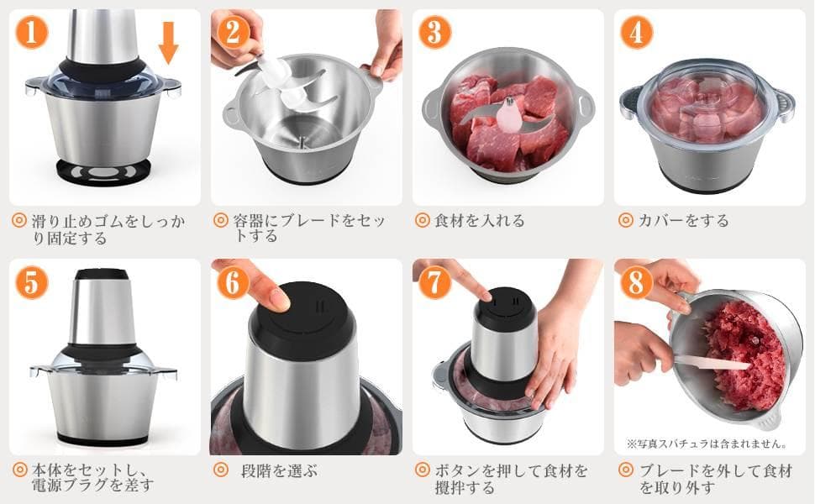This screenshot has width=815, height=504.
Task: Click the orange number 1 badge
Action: point(32,32)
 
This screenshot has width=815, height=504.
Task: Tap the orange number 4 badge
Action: point(637,32)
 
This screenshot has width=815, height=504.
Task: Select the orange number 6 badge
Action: point(233,283)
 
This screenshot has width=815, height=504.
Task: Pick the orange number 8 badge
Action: point(637,283)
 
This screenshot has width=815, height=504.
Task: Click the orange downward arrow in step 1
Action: point(168,43)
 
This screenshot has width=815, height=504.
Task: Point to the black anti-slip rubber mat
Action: point(104,171)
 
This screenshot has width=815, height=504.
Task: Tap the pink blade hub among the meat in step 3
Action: point(505,116)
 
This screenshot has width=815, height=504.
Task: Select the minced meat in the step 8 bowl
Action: point(744,359)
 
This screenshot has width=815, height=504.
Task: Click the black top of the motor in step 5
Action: point(103,275)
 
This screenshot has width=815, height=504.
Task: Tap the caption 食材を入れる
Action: point(479,221)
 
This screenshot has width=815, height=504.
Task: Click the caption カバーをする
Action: point(683,221)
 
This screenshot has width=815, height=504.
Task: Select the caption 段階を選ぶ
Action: point(279,471)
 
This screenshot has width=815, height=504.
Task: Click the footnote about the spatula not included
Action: point(707,444)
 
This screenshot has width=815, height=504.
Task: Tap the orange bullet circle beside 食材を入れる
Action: point(423,220)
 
